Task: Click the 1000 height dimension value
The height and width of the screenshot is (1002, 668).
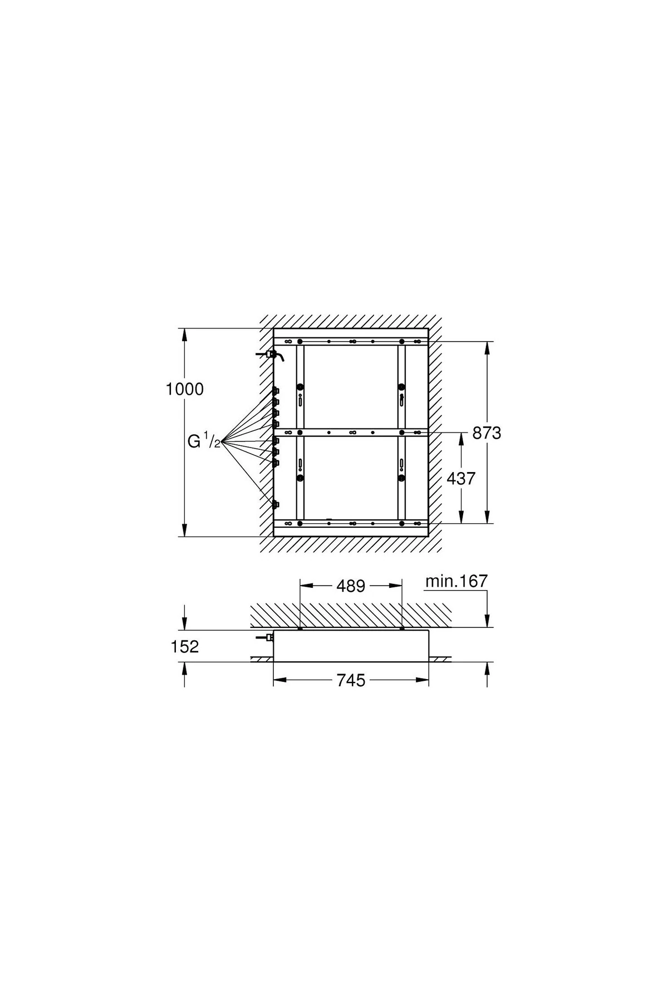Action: coord(185,389)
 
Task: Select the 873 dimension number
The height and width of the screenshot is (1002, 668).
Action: coord(487,433)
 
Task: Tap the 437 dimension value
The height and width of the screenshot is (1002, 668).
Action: coord(461,478)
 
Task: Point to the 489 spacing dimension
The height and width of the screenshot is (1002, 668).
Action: coord(351,586)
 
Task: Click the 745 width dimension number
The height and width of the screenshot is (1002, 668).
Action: coord(351,680)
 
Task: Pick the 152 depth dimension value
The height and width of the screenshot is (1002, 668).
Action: coord(185,646)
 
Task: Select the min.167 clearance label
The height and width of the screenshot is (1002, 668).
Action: coord(456,581)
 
